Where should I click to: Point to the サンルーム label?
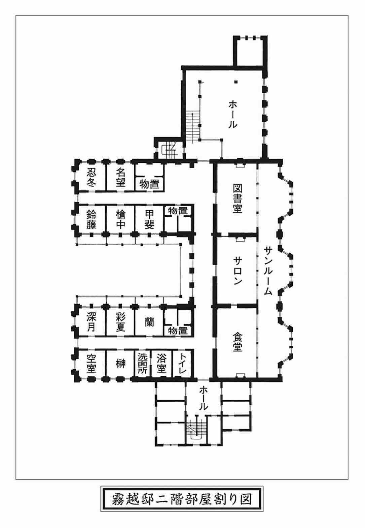[268, 271]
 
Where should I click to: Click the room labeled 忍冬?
[92, 177]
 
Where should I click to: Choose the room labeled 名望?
[120, 177]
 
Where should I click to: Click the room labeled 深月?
[91, 322]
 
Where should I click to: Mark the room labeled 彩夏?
[120, 322]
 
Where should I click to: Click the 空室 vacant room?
[91, 364]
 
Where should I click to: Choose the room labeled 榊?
[120, 364]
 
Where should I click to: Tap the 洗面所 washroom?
[142, 364]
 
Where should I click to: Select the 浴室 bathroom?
[161, 364]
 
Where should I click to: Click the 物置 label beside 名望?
[149, 184]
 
